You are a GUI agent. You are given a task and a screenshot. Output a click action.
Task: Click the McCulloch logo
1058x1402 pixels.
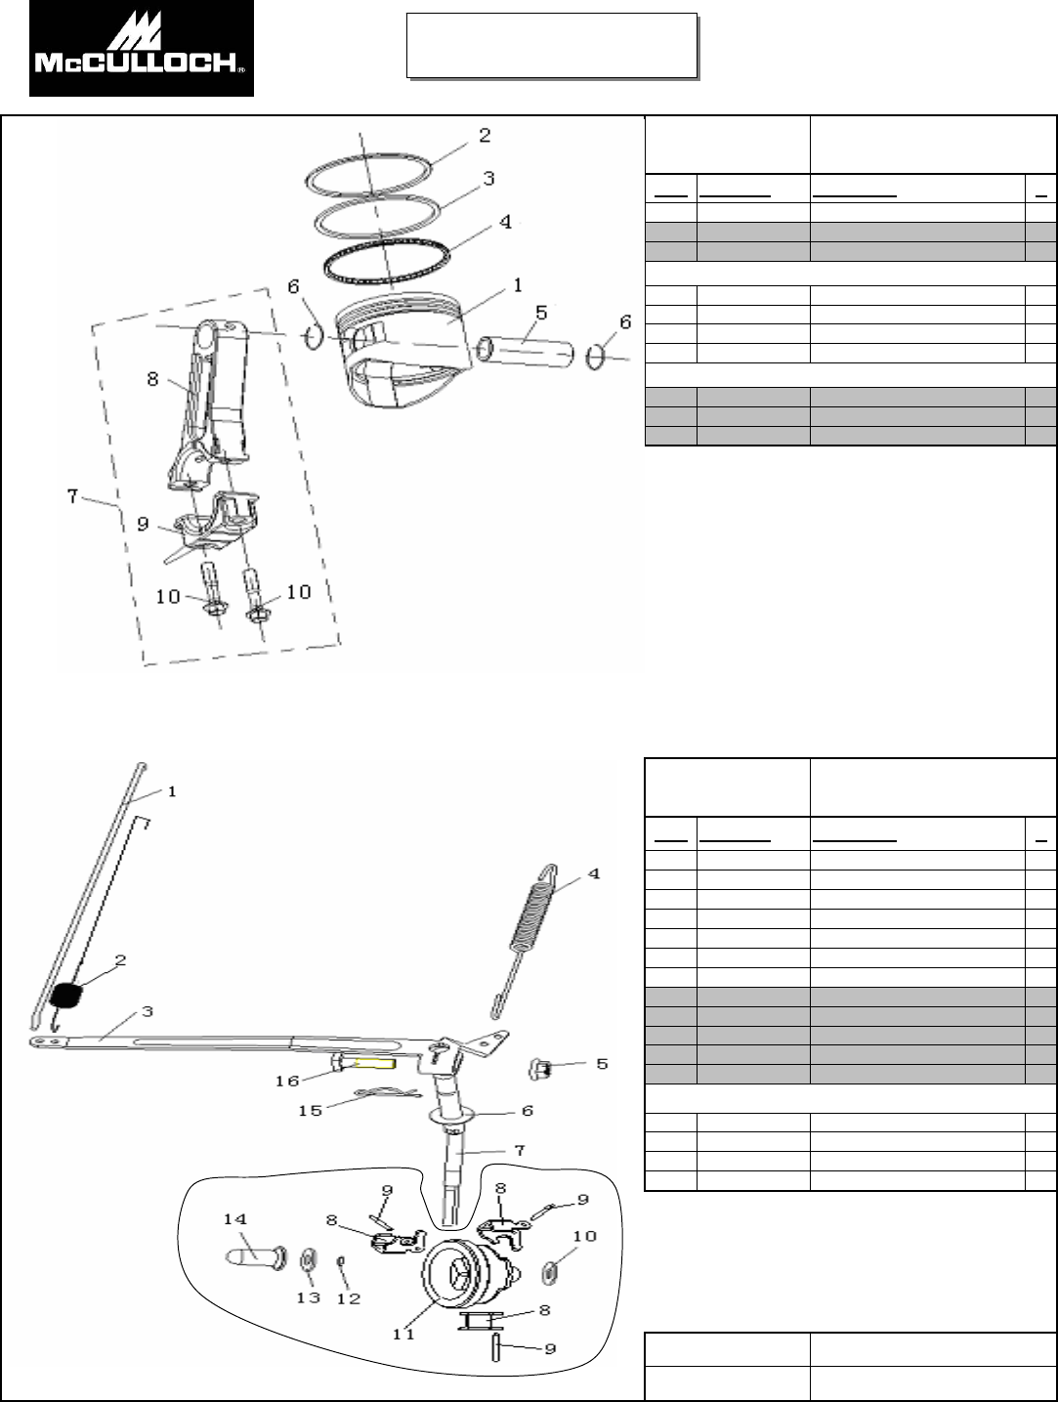[142, 49]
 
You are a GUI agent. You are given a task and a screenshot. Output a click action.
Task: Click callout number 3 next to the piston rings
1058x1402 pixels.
[488, 179]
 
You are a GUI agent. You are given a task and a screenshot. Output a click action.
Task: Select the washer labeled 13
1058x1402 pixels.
[308, 1255]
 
